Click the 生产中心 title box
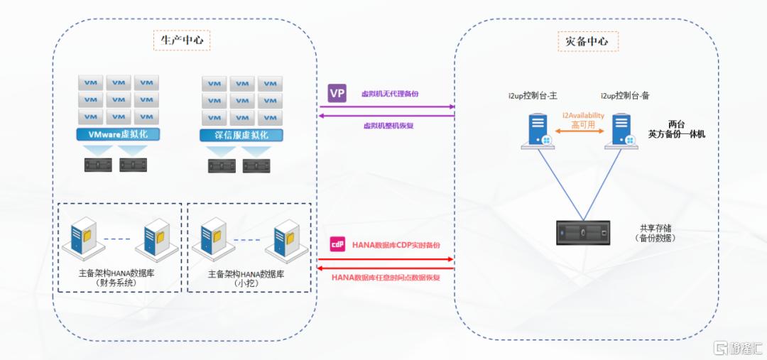click(182, 40)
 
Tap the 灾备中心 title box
click(588, 41)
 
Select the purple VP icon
click(337, 93)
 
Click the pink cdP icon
click(337, 244)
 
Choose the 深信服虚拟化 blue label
click(241, 135)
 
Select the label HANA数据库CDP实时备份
click(396, 245)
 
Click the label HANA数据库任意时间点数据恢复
click(386, 278)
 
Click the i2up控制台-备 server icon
click(622, 131)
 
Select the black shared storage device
click(584, 233)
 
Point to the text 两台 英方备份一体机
click(677, 129)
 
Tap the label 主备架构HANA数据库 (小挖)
click(246, 278)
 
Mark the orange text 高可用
click(583, 124)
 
